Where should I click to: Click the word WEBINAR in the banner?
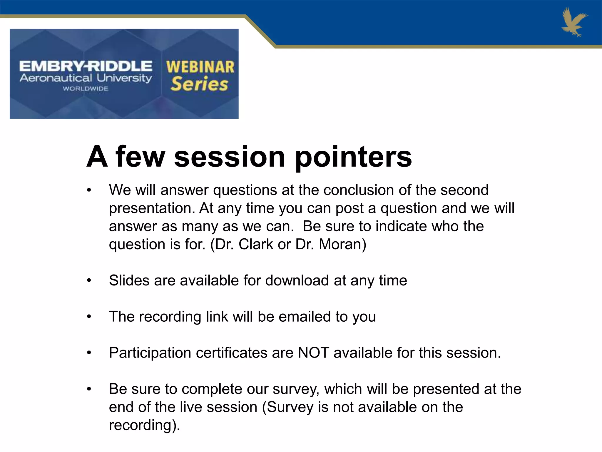[x=200, y=67]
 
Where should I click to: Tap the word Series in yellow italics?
[x=199, y=84]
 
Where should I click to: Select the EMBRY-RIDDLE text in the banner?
[x=86, y=66]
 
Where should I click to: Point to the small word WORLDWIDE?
[x=86, y=89]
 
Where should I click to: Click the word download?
[x=297, y=280]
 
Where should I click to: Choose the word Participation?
[x=150, y=353]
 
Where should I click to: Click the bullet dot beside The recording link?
[x=89, y=317]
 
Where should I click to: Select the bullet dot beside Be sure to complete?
[x=89, y=389]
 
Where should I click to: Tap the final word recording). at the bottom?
[x=144, y=425]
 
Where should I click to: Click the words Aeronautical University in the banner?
[x=86, y=78]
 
